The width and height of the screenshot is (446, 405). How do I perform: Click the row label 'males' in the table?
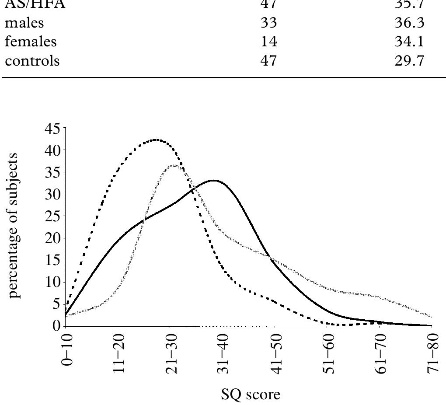[24, 23]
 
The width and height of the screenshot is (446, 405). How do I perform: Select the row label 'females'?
[31, 42]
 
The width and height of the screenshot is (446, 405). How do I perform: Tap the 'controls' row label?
[32, 60]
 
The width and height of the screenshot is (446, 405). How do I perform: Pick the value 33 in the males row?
[268, 23]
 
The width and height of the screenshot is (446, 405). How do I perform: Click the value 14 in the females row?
[268, 42]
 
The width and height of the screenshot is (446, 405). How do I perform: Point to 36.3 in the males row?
[409, 23]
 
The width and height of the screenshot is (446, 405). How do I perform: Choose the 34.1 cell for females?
[409, 42]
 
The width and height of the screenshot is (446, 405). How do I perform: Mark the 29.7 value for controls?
[409, 60]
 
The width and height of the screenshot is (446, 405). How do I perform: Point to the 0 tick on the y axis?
[57, 326]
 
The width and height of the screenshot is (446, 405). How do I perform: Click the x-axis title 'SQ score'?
[251, 395]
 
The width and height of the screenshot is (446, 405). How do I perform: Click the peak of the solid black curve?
[214, 180]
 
